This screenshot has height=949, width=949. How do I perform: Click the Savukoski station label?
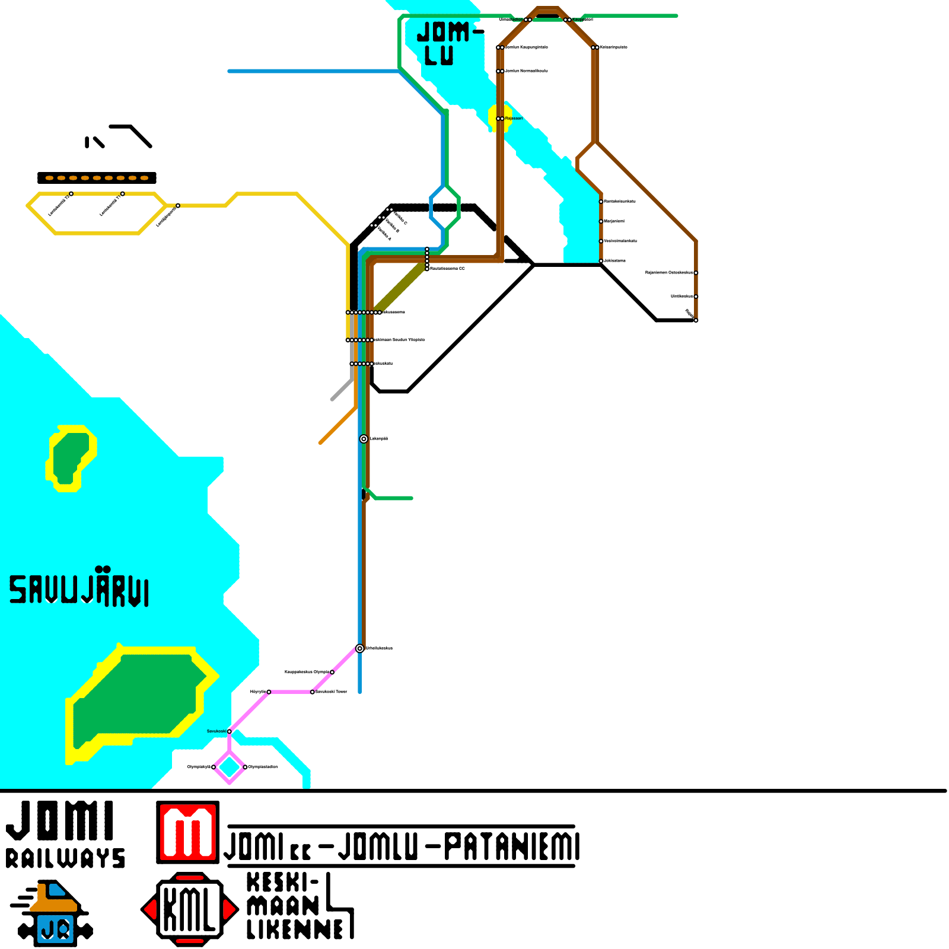point(216,731)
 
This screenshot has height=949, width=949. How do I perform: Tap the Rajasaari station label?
point(514,119)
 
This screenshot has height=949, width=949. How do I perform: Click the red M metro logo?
point(187,832)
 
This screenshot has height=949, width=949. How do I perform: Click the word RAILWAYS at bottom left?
point(65,858)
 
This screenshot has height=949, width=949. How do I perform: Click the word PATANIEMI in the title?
point(511,846)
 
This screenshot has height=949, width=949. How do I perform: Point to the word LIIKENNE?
point(295,929)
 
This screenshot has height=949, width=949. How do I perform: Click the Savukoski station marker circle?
point(230,731)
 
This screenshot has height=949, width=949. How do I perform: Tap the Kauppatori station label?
point(582,20)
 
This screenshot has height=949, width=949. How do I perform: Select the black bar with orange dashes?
point(97,178)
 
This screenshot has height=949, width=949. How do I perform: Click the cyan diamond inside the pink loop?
point(230,767)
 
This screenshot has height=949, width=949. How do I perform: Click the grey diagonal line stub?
point(342,389)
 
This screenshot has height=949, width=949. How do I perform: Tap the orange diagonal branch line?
point(337,426)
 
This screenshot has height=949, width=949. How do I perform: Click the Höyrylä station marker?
point(269,692)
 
